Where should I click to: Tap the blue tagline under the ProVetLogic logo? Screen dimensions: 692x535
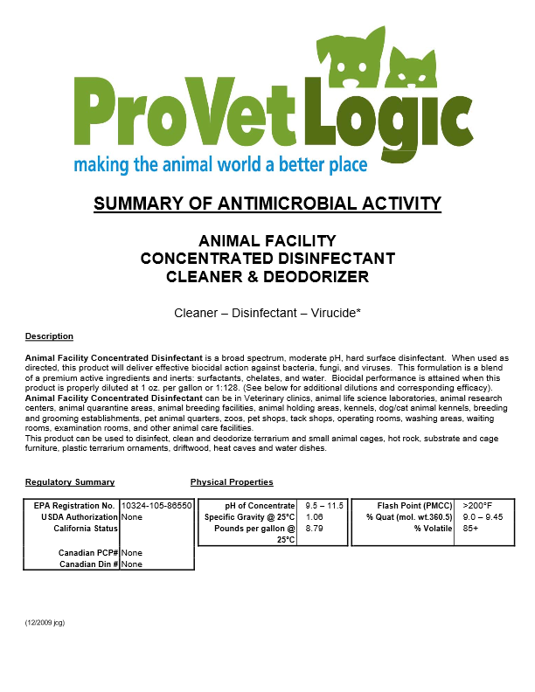click(x=219, y=164)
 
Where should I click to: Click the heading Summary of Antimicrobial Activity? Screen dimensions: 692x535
click(x=267, y=204)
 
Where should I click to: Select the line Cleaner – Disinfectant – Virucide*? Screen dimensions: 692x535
click(x=267, y=311)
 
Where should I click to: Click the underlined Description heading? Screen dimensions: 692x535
click(x=49, y=336)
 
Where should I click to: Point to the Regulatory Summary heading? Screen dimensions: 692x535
click(x=70, y=482)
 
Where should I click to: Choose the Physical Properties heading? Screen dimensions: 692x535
click(x=232, y=482)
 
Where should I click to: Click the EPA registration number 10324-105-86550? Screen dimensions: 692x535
click(x=156, y=506)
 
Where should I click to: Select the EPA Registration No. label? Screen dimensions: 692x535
click(x=74, y=506)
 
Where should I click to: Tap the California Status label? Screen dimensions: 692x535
click(x=86, y=529)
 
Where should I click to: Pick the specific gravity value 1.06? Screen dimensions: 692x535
click(x=315, y=517)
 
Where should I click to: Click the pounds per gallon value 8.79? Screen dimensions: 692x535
click(x=315, y=529)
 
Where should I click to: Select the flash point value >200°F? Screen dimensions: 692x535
click(x=477, y=506)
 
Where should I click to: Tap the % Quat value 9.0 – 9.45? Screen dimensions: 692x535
click(x=483, y=517)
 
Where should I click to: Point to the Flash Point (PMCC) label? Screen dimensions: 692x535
click(x=415, y=506)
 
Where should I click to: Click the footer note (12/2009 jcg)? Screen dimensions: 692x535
click(x=45, y=623)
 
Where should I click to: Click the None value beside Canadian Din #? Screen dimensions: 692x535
click(x=132, y=564)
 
